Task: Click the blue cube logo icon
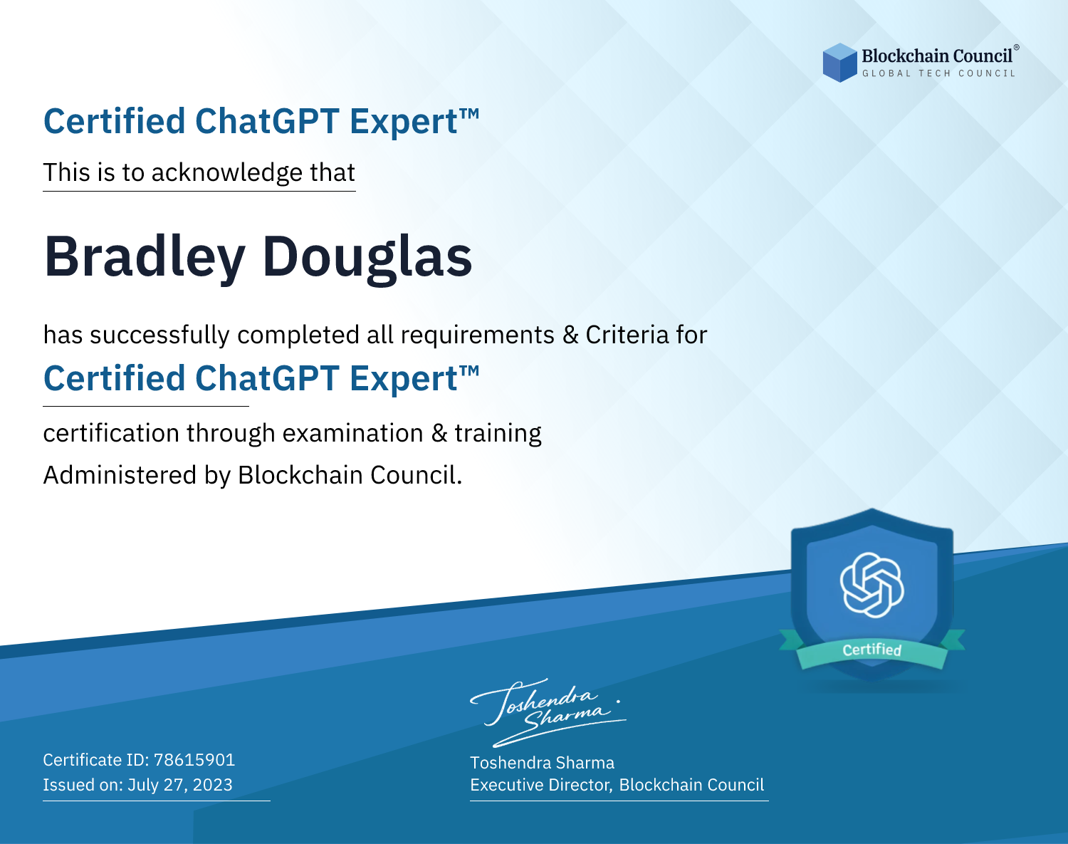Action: pos(839,63)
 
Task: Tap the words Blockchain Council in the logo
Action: pos(937,56)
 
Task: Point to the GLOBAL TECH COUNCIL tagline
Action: pos(938,73)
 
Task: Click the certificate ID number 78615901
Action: pos(194,759)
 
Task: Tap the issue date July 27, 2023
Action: pos(179,785)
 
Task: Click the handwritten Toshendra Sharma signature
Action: pos(548,712)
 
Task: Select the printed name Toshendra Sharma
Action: pos(542,763)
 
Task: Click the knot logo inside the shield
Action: pos(872,585)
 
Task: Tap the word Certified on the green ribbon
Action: pos(872,650)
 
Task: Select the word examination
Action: pos(353,433)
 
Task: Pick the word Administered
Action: pos(120,474)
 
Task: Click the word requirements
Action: pos(478,335)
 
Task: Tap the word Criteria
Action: pos(627,335)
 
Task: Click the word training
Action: pos(498,434)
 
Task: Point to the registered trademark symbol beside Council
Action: pos(1016,47)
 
